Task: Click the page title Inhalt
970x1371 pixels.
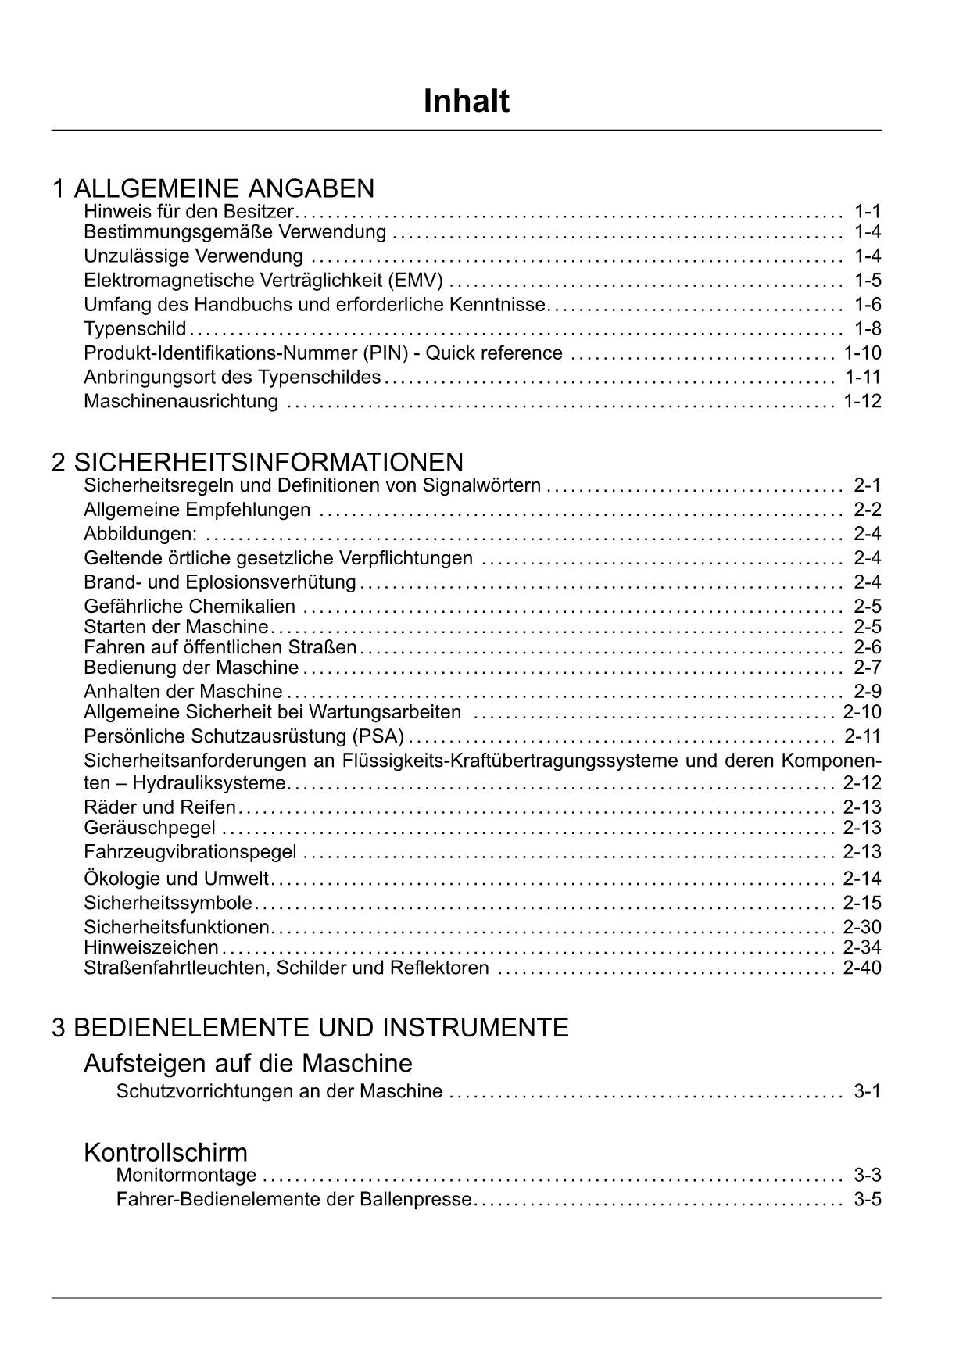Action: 467,102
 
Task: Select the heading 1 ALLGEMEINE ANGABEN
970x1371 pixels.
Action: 213,188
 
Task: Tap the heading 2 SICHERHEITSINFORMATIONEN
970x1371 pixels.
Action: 257,462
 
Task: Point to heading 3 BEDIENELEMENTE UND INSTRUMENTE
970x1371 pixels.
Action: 310,1027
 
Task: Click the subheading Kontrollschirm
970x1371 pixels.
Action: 165,1152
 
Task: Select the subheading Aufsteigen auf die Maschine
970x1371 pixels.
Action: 248,1063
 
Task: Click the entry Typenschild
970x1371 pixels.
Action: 134,329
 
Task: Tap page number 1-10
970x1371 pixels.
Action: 862,353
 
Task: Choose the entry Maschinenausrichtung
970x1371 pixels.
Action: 181,402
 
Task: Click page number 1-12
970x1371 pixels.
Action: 862,402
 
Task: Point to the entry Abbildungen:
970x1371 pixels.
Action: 140,535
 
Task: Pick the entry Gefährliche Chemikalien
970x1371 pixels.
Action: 189,607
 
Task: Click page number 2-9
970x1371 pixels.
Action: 867,692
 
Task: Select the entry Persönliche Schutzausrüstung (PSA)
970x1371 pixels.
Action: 244,736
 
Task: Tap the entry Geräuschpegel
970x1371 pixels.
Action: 149,828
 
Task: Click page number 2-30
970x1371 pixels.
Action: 862,928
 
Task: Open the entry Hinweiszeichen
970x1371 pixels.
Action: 151,948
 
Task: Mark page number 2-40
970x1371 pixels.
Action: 862,968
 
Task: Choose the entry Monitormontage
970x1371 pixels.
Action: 186,1176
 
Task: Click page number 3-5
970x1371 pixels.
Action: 867,1200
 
